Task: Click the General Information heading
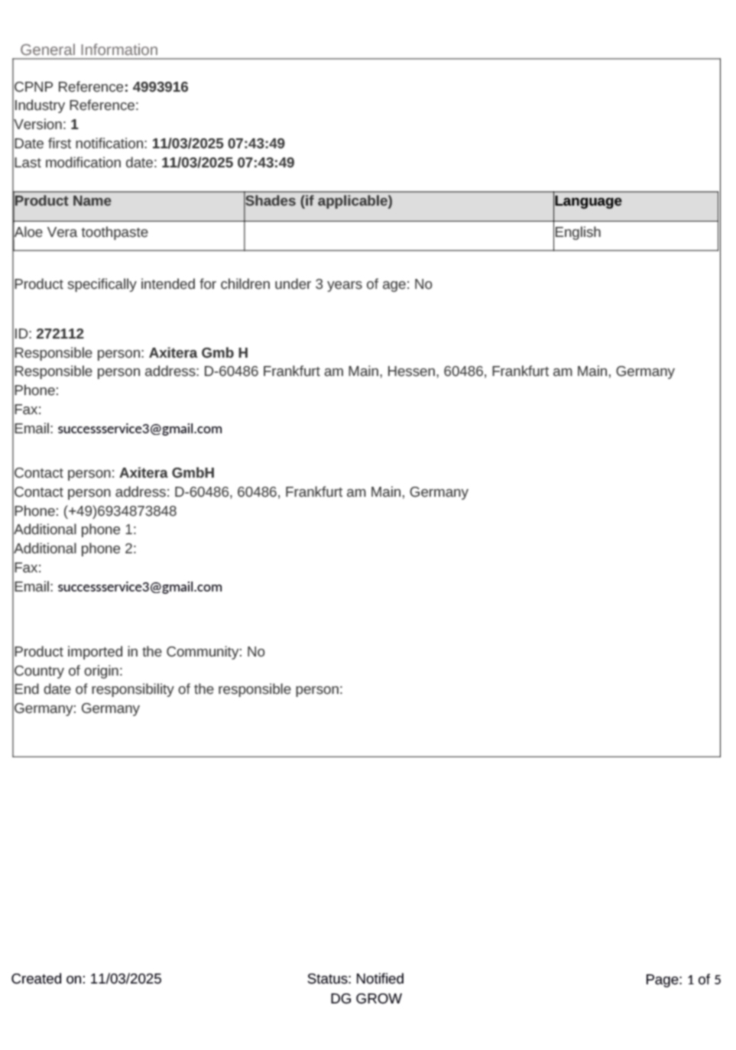pos(89,50)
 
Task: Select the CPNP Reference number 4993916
pos(160,87)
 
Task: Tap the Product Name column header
pos(63,201)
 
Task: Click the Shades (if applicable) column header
pos(319,201)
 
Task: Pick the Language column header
pos(588,201)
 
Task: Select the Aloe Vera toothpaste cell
pos(81,232)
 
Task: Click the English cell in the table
pos(578,232)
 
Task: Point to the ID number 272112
pos(60,334)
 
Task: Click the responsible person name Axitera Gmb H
pos(199,353)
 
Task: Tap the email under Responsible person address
pos(140,429)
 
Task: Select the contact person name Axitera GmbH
pos(167,473)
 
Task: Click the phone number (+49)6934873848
pos(120,511)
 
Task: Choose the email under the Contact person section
pos(140,587)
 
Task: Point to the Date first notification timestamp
pos(219,144)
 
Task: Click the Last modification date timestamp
pos(228,163)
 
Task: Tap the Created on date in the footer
pos(125,979)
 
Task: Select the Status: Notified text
pos(355,979)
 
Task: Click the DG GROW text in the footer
pos(366,999)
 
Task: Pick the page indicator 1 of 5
pos(704,980)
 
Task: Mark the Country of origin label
pos(68,671)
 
